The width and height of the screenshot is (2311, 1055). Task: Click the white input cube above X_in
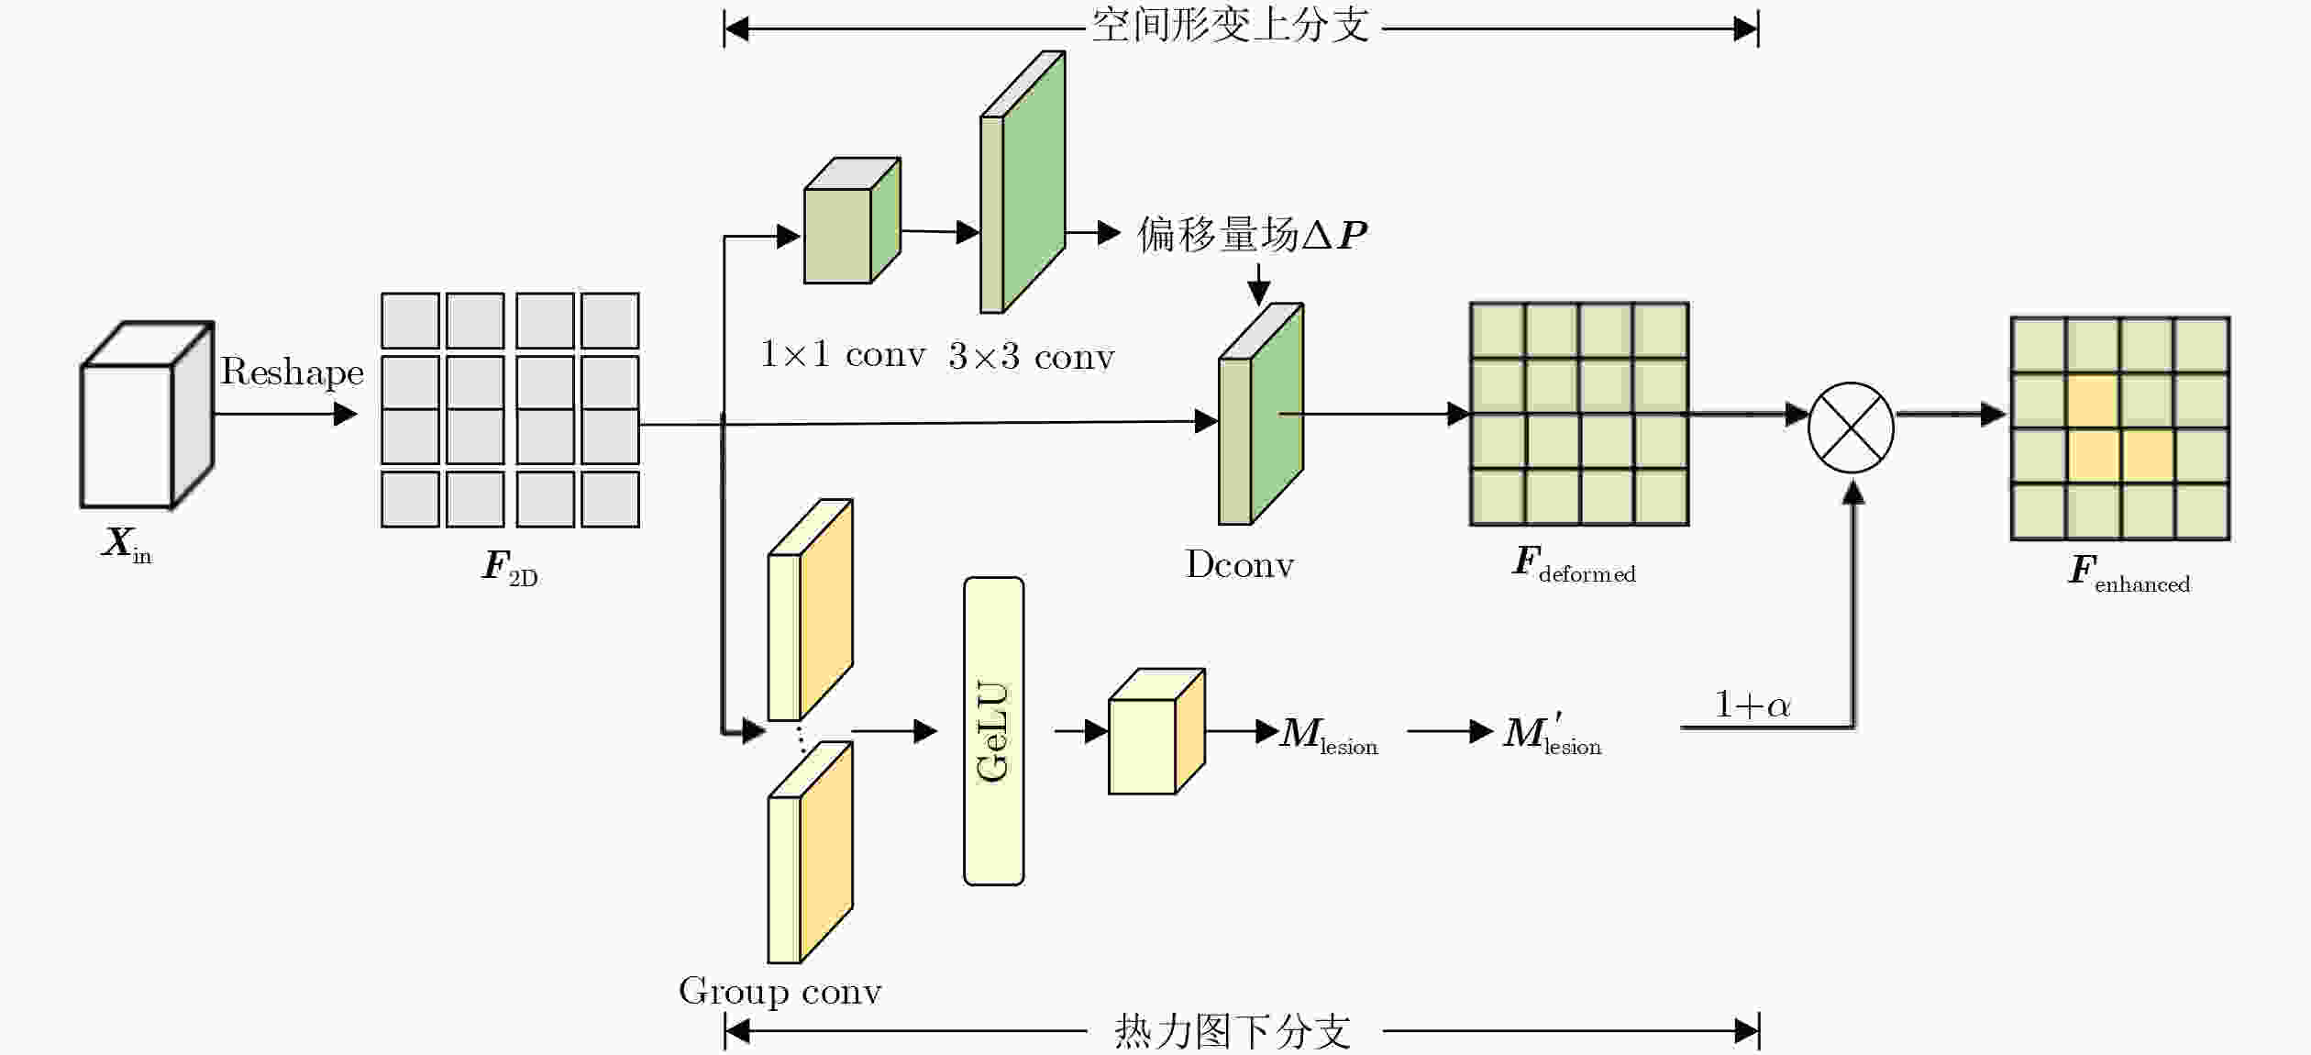click(147, 415)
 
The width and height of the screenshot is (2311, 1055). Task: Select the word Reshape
click(292, 372)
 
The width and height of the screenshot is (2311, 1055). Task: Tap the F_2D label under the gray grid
click(510, 567)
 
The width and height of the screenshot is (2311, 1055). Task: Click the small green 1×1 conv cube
click(852, 220)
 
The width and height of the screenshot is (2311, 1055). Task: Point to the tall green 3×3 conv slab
click(1023, 182)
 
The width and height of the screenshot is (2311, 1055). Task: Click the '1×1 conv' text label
click(843, 354)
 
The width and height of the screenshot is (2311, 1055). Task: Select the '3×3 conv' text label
click(1032, 356)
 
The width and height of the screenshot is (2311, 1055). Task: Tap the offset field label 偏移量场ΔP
click(1252, 235)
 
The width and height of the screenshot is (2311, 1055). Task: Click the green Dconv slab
click(1261, 414)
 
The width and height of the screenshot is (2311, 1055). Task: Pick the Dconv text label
click(1240, 564)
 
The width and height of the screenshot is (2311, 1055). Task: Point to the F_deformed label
click(1574, 563)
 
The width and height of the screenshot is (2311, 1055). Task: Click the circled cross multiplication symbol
click(1851, 428)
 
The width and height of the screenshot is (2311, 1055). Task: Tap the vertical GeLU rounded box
click(993, 731)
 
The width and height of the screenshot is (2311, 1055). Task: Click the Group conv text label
click(780, 992)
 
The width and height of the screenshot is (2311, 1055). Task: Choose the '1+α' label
click(1753, 705)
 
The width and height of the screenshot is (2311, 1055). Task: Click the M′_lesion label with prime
click(1553, 734)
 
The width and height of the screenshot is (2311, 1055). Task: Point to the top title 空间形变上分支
click(1231, 25)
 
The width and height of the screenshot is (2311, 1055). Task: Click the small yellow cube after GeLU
click(1156, 731)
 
